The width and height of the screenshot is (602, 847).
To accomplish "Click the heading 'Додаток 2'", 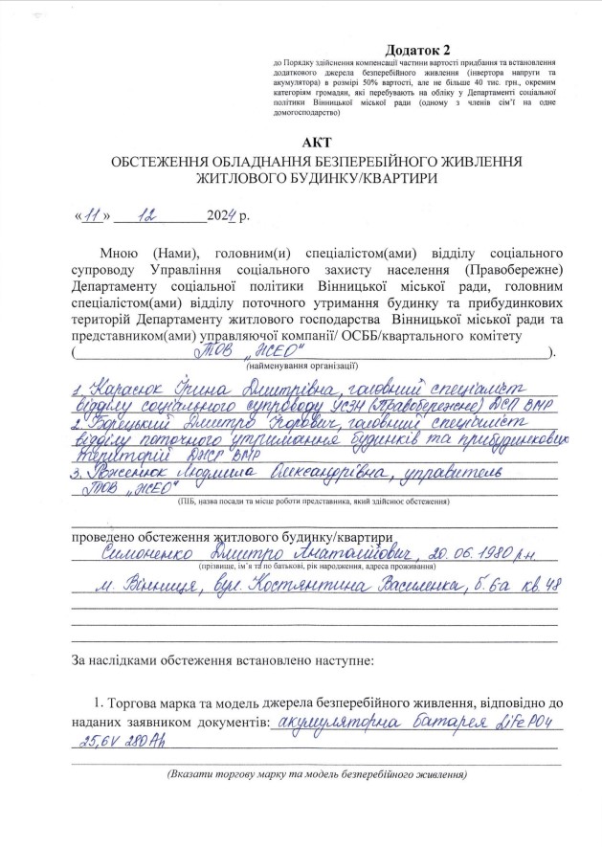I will point(417,49).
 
